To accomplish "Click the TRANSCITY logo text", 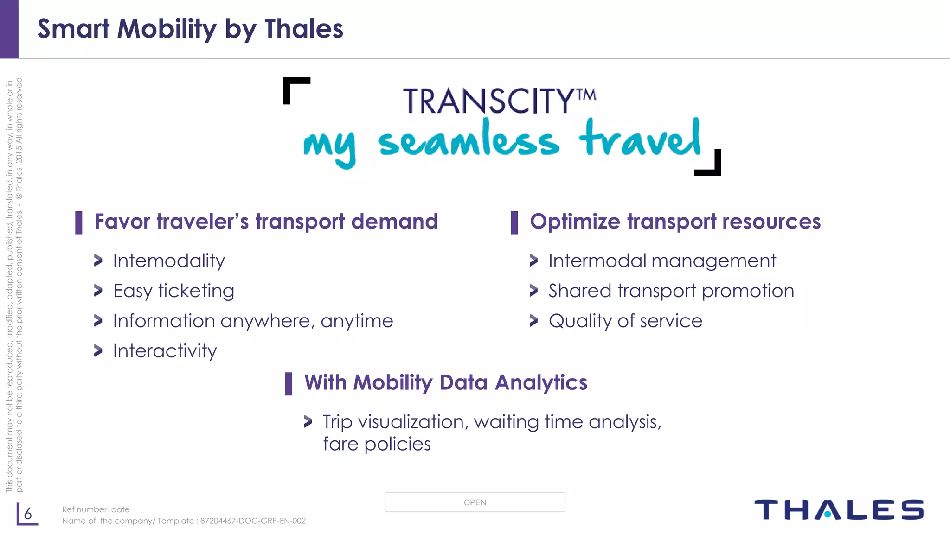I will tap(499, 101).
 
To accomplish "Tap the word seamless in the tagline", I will tap(469, 141).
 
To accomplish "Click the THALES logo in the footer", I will tap(839, 510).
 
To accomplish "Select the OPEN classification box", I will tap(475, 502).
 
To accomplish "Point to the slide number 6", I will tap(28, 514).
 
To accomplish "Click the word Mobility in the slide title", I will tap(167, 29).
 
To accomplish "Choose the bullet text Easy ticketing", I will tap(173, 291).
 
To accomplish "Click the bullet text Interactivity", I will tap(165, 351).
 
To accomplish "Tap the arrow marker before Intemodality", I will tap(98, 261).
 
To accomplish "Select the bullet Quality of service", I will tap(625, 321).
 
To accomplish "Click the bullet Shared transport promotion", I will tap(671, 291).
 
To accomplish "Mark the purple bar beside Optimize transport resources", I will tap(514, 222).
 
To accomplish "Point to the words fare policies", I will tap(377, 445).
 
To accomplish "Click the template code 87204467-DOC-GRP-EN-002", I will tap(253, 521).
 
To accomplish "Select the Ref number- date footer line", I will tap(96, 509).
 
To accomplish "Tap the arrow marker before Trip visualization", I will tap(308, 421).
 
